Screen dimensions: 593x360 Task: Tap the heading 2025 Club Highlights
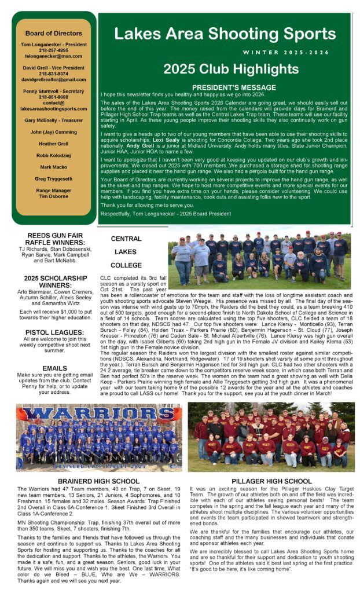pos(222,69)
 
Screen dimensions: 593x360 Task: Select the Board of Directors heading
pos(53,33)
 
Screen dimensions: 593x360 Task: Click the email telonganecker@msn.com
pos(53,57)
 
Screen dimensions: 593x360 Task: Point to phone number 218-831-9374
pos(53,74)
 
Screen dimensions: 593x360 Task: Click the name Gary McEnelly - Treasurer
pos(53,120)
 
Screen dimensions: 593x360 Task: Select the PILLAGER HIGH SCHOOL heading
pos(271,481)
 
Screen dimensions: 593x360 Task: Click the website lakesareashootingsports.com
pos(53,108)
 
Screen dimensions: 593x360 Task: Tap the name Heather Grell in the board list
pos(53,143)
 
